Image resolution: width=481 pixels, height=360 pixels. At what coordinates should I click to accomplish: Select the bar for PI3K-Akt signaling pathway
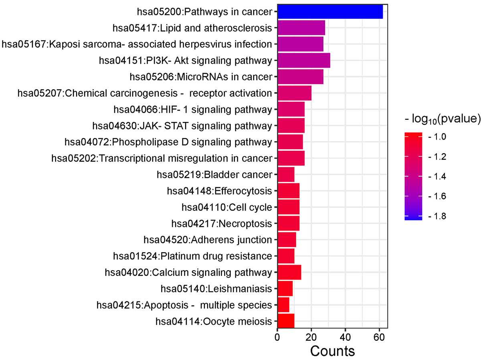(303, 61)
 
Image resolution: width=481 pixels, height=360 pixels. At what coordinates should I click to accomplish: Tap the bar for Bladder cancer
(285, 174)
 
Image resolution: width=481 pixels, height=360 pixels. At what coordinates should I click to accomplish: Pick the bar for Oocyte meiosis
(285, 321)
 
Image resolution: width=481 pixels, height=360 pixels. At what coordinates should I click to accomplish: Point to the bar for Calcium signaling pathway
(289, 272)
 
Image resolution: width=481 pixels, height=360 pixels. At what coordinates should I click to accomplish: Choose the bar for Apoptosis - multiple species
(283, 305)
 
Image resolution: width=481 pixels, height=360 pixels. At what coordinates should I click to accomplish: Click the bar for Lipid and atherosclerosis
(301, 28)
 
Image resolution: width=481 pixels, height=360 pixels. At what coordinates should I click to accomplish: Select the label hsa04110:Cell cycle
(226, 207)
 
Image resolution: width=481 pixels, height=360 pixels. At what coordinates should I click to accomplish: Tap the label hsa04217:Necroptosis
(221, 223)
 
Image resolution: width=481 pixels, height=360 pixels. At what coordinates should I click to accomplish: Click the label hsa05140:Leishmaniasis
(216, 289)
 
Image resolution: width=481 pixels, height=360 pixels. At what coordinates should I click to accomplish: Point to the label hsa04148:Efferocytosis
(219, 191)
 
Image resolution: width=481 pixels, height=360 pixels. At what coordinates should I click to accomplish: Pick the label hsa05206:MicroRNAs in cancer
(201, 77)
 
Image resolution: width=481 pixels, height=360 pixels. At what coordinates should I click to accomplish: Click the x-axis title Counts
(332, 351)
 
